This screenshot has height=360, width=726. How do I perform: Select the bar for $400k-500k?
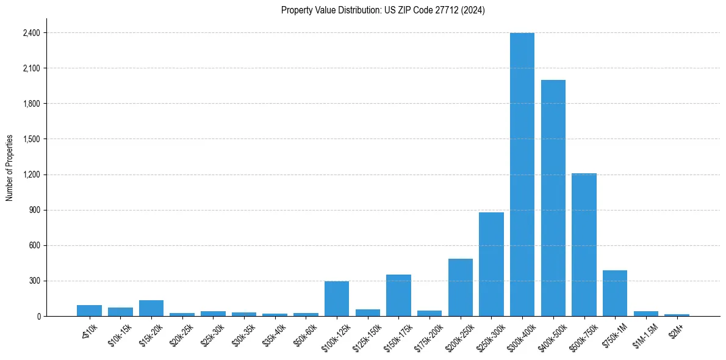[553, 198]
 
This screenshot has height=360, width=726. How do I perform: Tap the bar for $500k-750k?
[584, 245]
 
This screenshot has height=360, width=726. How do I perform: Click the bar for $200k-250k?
[461, 287]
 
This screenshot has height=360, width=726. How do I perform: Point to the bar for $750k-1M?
[615, 293]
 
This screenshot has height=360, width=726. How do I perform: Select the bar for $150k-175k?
[398, 295]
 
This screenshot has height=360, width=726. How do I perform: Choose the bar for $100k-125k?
[337, 299]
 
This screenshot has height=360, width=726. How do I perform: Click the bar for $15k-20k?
[151, 308]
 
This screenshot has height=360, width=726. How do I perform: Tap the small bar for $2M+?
[677, 315]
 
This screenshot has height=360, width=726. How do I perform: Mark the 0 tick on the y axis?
[38, 317]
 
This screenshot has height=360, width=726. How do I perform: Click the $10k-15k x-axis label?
[120, 335]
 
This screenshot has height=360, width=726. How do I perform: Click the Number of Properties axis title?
[9, 168]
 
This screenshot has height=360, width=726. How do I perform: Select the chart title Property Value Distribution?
[383, 10]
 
